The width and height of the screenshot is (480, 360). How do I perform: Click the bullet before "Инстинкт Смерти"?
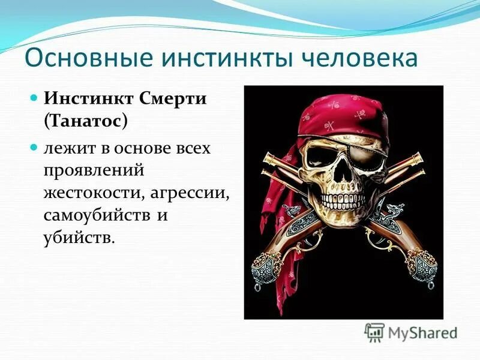(35, 97)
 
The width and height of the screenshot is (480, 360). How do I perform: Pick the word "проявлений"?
(94, 170)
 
